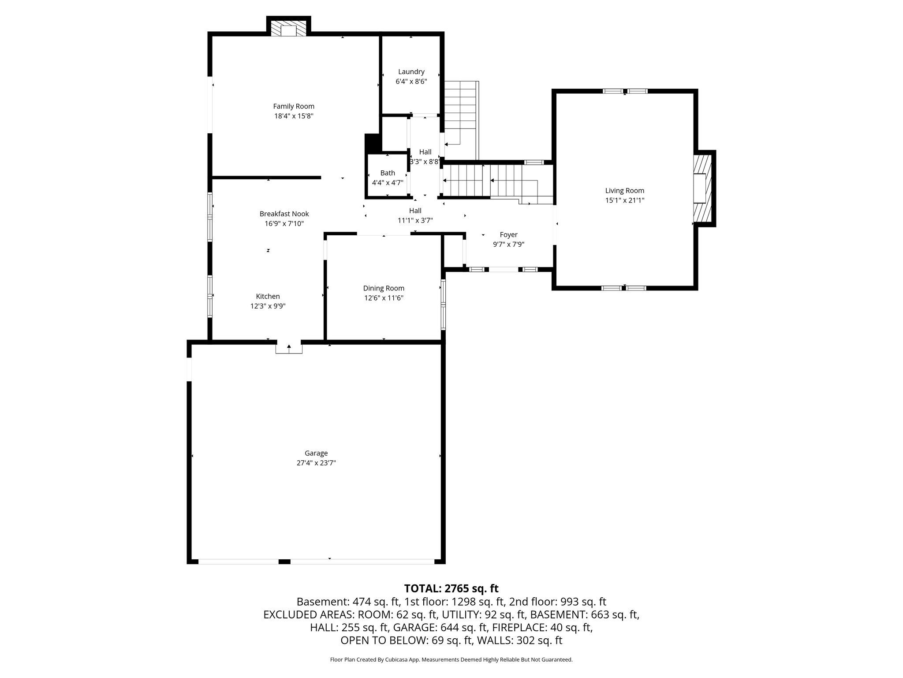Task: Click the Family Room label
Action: [x=294, y=106]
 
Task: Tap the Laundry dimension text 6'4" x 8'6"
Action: [x=411, y=81]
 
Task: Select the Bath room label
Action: [x=388, y=173]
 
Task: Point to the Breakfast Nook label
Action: [x=284, y=214]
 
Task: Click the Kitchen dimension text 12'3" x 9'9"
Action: [x=268, y=306]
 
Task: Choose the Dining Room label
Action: [x=384, y=288]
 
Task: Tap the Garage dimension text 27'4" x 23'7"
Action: [x=316, y=463]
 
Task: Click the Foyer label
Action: [x=508, y=235]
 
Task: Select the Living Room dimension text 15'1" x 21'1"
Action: [x=624, y=200]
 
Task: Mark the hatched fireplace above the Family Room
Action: [x=289, y=30]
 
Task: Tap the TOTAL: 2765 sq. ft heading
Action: [x=451, y=588]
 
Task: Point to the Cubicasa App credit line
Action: [x=451, y=659]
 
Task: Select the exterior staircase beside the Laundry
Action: [x=461, y=119]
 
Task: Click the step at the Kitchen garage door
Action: [x=289, y=348]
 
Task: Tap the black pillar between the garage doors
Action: [x=284, y=561]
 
